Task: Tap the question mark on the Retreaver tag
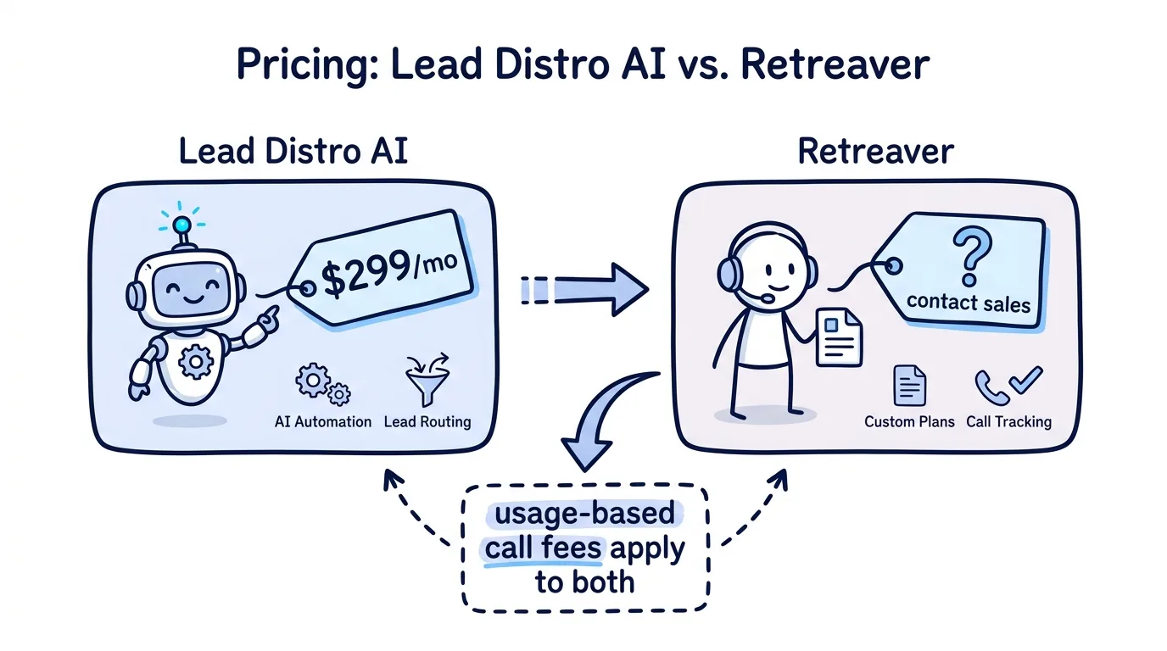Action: point(971,256)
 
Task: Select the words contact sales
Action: point(969,303)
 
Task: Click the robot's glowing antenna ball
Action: point(181,225)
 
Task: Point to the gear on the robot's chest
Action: point(196,361)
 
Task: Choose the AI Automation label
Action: point(323,421)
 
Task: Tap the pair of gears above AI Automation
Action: point(323,384)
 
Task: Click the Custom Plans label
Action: point(909,421)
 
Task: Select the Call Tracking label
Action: point(1008,421)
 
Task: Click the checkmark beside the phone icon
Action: point(1026,380)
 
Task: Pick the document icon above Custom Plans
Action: point(910,386)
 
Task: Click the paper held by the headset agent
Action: point(839,337)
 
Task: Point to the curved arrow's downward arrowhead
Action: point(585,454)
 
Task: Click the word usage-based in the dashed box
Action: point(584,514)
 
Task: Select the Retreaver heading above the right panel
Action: point(875,152)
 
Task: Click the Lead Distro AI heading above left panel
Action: point(293,151)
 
